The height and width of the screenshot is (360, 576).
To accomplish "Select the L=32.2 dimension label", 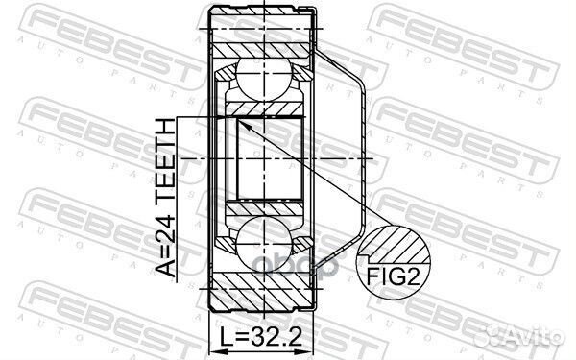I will pos(262,339).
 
